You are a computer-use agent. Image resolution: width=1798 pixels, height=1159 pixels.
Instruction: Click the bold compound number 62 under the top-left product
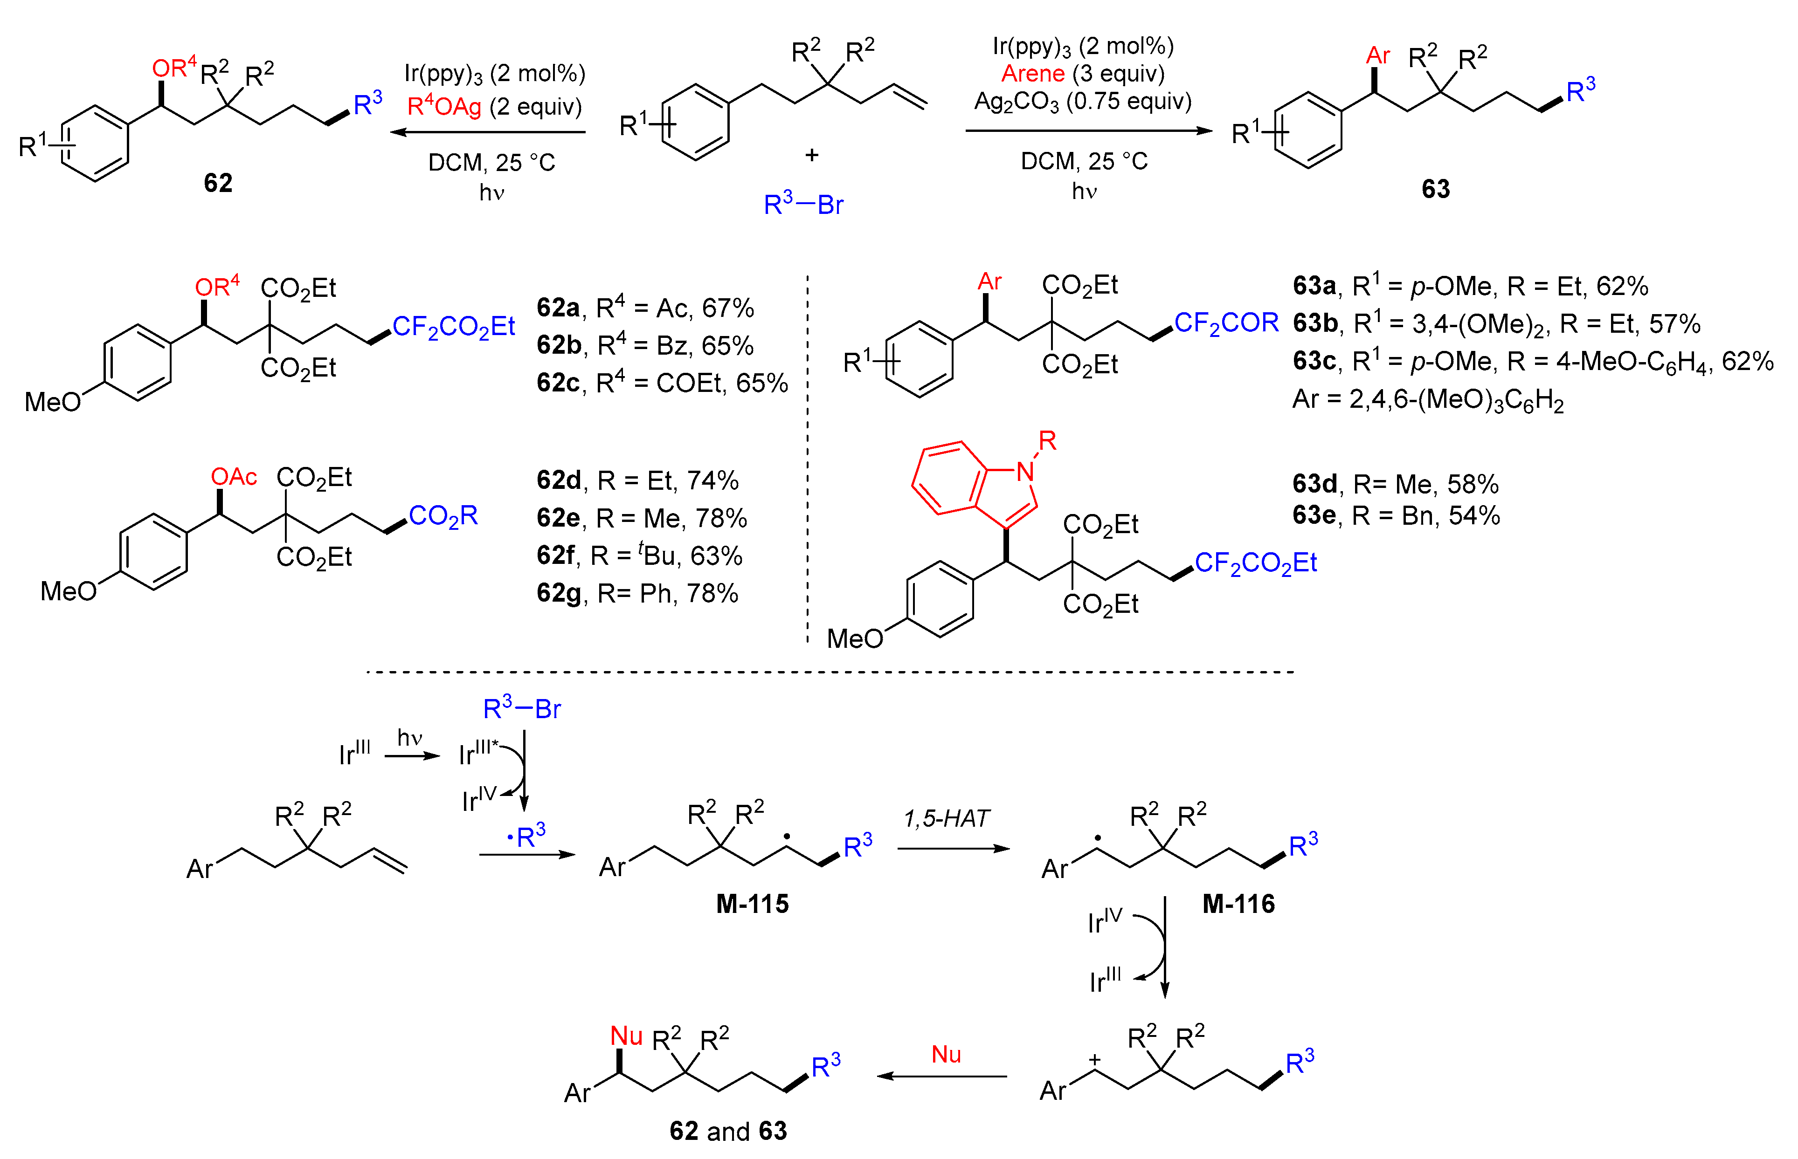click(x=218, y=183)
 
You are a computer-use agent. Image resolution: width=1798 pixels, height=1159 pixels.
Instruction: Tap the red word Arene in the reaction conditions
click(x=1032, y=74)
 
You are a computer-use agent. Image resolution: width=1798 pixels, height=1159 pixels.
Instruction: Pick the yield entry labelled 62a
click(x=644, y=308)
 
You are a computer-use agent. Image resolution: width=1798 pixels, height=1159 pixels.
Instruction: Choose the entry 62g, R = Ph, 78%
click(x=637, y=594)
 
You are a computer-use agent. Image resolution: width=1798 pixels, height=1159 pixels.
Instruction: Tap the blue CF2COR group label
click(x=1226, y=323)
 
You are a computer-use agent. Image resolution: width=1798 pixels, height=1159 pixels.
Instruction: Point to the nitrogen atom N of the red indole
click(x=1025, y=472)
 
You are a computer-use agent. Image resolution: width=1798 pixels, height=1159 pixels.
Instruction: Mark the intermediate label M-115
click(x=752, y=904)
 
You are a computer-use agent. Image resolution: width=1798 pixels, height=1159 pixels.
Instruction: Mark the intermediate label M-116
click(x=1238, y=904)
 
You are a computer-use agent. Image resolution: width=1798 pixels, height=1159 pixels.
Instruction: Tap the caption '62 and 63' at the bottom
click(x=727, y=1131)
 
